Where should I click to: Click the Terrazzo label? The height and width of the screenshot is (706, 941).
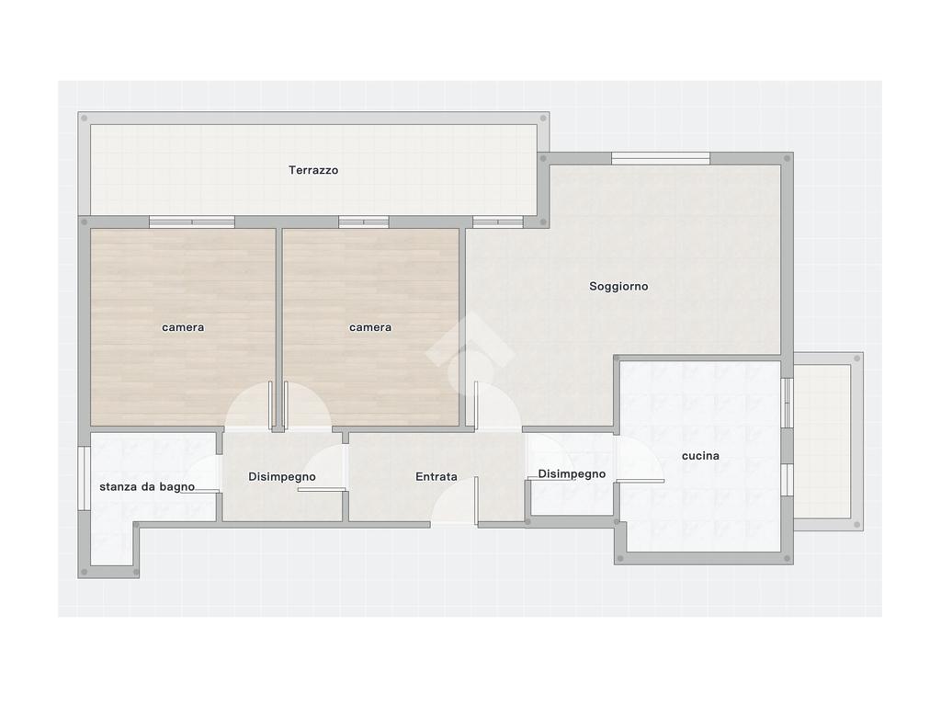pos(313,170)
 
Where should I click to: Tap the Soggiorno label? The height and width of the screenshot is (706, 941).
pos(618,287)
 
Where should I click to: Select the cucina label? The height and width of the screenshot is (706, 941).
pos(700,456)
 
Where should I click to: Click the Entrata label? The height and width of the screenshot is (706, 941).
pos(436,477)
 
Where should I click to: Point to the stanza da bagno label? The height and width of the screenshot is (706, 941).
pos(147,486)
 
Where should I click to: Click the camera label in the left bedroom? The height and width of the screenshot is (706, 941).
pos(183,327)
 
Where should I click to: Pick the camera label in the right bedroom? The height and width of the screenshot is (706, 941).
pos(370,327)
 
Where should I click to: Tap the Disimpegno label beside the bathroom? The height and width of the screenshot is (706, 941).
pos(282,477)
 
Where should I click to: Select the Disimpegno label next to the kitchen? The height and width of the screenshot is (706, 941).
pos(572,473)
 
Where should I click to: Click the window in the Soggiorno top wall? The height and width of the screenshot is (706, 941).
pos(661,158)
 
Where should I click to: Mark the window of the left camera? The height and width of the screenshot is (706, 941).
pos(192,222)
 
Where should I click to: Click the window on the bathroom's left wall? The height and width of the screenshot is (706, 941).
pos(84,478)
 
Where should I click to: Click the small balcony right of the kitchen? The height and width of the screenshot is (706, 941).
pos(828,441)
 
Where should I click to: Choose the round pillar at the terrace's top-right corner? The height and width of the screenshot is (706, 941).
pos(544,119)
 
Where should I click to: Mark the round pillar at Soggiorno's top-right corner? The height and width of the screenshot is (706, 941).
pos(787,158)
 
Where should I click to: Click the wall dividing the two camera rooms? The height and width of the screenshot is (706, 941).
pos(279,329)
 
